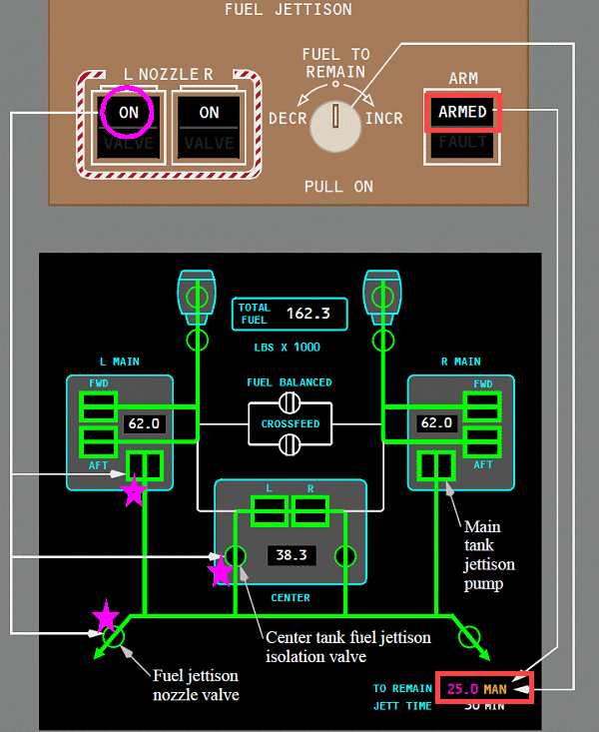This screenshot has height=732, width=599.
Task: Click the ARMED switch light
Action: pos(462,113)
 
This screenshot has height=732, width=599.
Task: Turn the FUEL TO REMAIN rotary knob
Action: pos(335,119)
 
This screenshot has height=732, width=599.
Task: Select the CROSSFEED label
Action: pos(290,423)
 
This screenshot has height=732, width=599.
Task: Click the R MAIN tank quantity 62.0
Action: pos(436,422)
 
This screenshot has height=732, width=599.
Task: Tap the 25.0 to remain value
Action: pos(462,688)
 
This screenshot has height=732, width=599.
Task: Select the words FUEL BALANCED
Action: pos(290,382)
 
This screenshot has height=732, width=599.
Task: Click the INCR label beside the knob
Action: pos(384,119)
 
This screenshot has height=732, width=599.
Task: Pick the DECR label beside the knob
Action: pos(289,119)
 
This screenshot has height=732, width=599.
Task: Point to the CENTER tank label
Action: pos(291,598)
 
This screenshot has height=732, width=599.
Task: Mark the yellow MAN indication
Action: pos(496,688)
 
